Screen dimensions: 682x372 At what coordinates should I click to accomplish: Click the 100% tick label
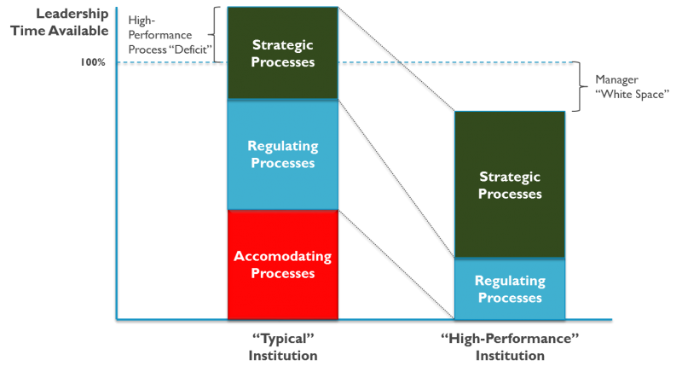(x=93, y=62)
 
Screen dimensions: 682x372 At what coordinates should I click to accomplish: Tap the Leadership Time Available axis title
(x=60, y=22)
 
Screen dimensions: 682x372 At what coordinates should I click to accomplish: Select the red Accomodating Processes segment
(x=283, y=264)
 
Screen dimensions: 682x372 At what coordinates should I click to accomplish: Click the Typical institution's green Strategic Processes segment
(x=283, y=53)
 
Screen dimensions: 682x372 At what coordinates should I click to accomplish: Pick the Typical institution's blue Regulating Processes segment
(x=283, y=154)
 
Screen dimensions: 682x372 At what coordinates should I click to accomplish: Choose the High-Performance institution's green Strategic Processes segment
(x=510, y=184)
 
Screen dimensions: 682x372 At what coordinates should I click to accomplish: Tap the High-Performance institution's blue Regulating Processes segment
(x=510, y=289)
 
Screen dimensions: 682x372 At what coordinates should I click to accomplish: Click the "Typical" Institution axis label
(x=283, y=346)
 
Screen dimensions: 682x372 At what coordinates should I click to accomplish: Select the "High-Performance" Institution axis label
(x=510, y=346)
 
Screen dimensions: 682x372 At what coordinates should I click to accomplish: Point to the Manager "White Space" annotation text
(x=632, y=87)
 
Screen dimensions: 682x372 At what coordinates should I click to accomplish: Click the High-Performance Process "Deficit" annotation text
(x=170, y=35)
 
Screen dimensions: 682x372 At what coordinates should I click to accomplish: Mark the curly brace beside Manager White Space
(x=579, y=86)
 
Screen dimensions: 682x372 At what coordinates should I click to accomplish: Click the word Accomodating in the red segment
(x=283, y=256)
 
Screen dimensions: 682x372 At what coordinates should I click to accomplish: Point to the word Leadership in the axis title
(x=72, y=14)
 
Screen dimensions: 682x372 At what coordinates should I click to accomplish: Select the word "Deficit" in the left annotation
(x=194, y=49)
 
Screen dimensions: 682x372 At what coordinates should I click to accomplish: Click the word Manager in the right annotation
(x=616, y=79)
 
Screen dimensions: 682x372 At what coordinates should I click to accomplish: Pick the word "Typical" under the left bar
(x=283, y=339)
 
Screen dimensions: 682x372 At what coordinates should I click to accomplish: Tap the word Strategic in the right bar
(x=510, y=177)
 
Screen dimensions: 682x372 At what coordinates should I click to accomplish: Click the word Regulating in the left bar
(x=283, y=146)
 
